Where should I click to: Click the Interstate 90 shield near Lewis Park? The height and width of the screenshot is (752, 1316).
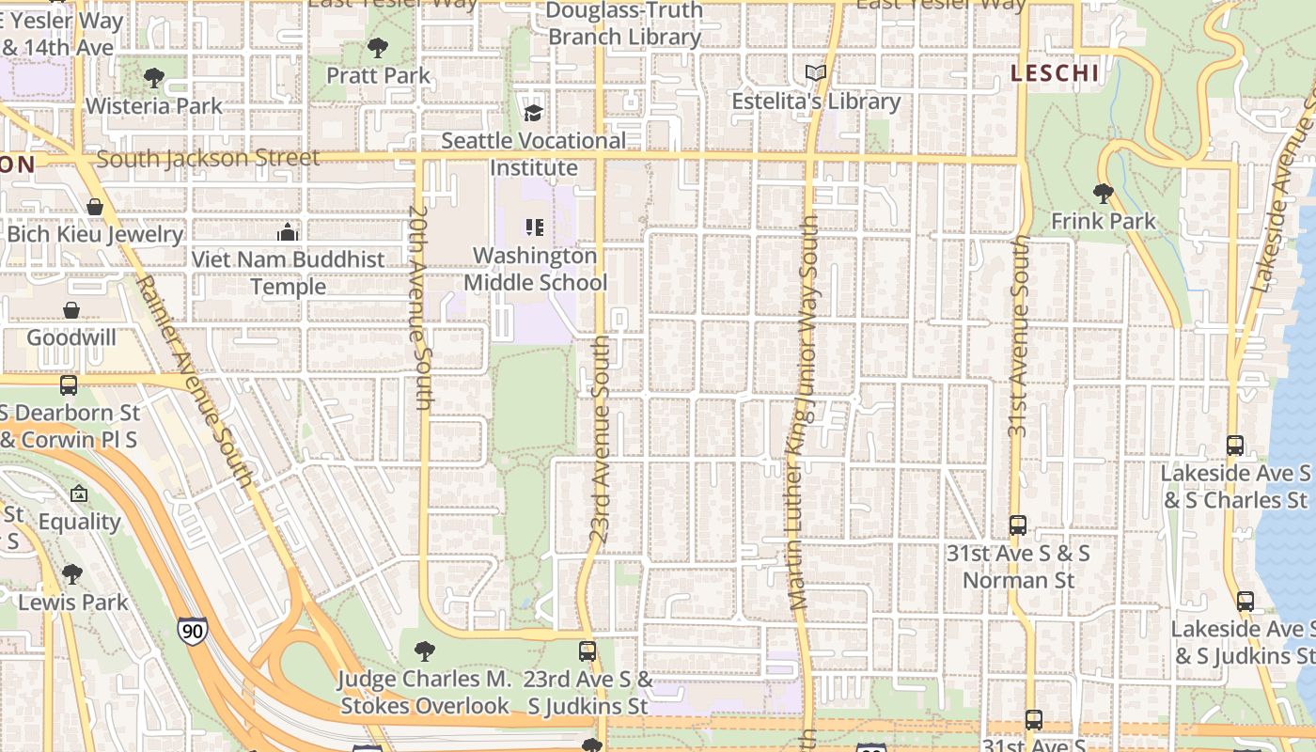tap(191, 630)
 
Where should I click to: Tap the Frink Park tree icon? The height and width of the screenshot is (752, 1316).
tap(1103, 194)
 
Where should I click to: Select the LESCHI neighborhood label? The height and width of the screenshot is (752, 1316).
tap(1054, 73)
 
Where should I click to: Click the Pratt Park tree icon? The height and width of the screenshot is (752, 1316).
tap(378, 47)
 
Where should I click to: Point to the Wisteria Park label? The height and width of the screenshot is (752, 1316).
tap(154, 105)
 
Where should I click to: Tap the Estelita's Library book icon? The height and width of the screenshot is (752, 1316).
tap(816, 73)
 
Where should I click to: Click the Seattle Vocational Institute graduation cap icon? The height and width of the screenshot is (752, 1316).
tap(533, 113)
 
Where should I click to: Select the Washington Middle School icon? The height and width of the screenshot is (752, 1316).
tap(534, 227)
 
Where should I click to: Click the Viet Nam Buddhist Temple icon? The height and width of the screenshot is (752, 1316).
tap(288, 231)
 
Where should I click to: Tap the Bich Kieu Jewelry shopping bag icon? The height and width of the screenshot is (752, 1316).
tap(95, 207)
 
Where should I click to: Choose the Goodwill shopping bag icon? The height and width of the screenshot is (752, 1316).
tap(71, 310)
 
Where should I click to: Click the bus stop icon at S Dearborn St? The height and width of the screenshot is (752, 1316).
tap(69, 384)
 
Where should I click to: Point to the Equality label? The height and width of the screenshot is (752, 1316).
tap(80, 522)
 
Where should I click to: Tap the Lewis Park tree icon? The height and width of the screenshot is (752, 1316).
tap(72, 573)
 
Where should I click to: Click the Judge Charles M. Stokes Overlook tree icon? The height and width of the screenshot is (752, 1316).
tap(424, 650)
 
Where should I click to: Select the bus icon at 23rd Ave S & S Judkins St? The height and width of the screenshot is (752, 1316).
tap(587, 650)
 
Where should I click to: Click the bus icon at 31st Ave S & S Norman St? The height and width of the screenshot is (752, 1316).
tap(1017, 525)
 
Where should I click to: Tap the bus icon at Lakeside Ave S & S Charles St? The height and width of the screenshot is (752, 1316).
tap(1235, 445)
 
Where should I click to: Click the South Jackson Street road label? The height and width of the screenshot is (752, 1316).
tap(208, 158)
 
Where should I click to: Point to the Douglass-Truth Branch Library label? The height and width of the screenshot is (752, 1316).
tap(624, 24)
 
